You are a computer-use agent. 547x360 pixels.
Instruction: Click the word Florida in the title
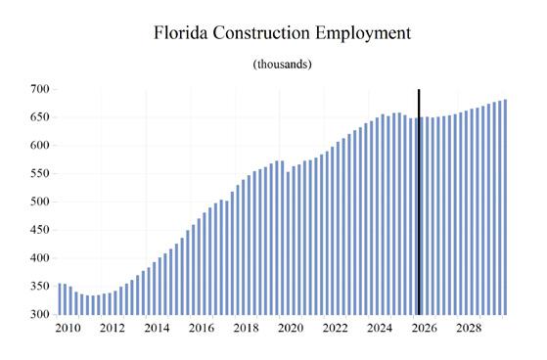pos(181,33)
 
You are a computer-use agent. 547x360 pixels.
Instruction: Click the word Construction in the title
pos(261,33)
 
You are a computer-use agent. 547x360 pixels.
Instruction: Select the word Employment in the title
pos(363,33)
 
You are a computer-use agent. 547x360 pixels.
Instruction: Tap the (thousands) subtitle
pos(282,65)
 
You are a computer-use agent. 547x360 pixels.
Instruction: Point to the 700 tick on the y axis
pos(39,89)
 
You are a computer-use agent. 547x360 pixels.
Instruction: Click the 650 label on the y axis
pos(39,117)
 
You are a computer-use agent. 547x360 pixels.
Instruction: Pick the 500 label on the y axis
pos(39,202)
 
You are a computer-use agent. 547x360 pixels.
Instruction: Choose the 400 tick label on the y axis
pos(39,258)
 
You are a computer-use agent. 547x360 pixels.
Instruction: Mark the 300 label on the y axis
pos(39,314)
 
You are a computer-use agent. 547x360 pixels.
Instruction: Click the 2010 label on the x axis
pos(68,329)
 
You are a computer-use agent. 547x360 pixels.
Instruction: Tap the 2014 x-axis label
pos(157,329)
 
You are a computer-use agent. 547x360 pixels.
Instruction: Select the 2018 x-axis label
pos(247,329)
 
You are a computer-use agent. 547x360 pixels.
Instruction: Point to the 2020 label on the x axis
pos(291,329)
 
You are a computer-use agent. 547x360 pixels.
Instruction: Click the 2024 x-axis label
pos(380,329)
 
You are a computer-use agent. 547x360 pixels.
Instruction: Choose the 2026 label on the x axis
pos(425,329)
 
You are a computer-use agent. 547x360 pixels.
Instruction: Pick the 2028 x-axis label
pos(469,329)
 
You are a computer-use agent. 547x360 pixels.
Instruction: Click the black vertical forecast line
pos(419,202)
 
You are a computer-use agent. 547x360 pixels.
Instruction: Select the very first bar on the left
pos(60,299)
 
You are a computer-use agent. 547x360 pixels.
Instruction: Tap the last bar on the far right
pos(506,207)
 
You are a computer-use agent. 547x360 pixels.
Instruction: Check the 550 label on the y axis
pos(39,173)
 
